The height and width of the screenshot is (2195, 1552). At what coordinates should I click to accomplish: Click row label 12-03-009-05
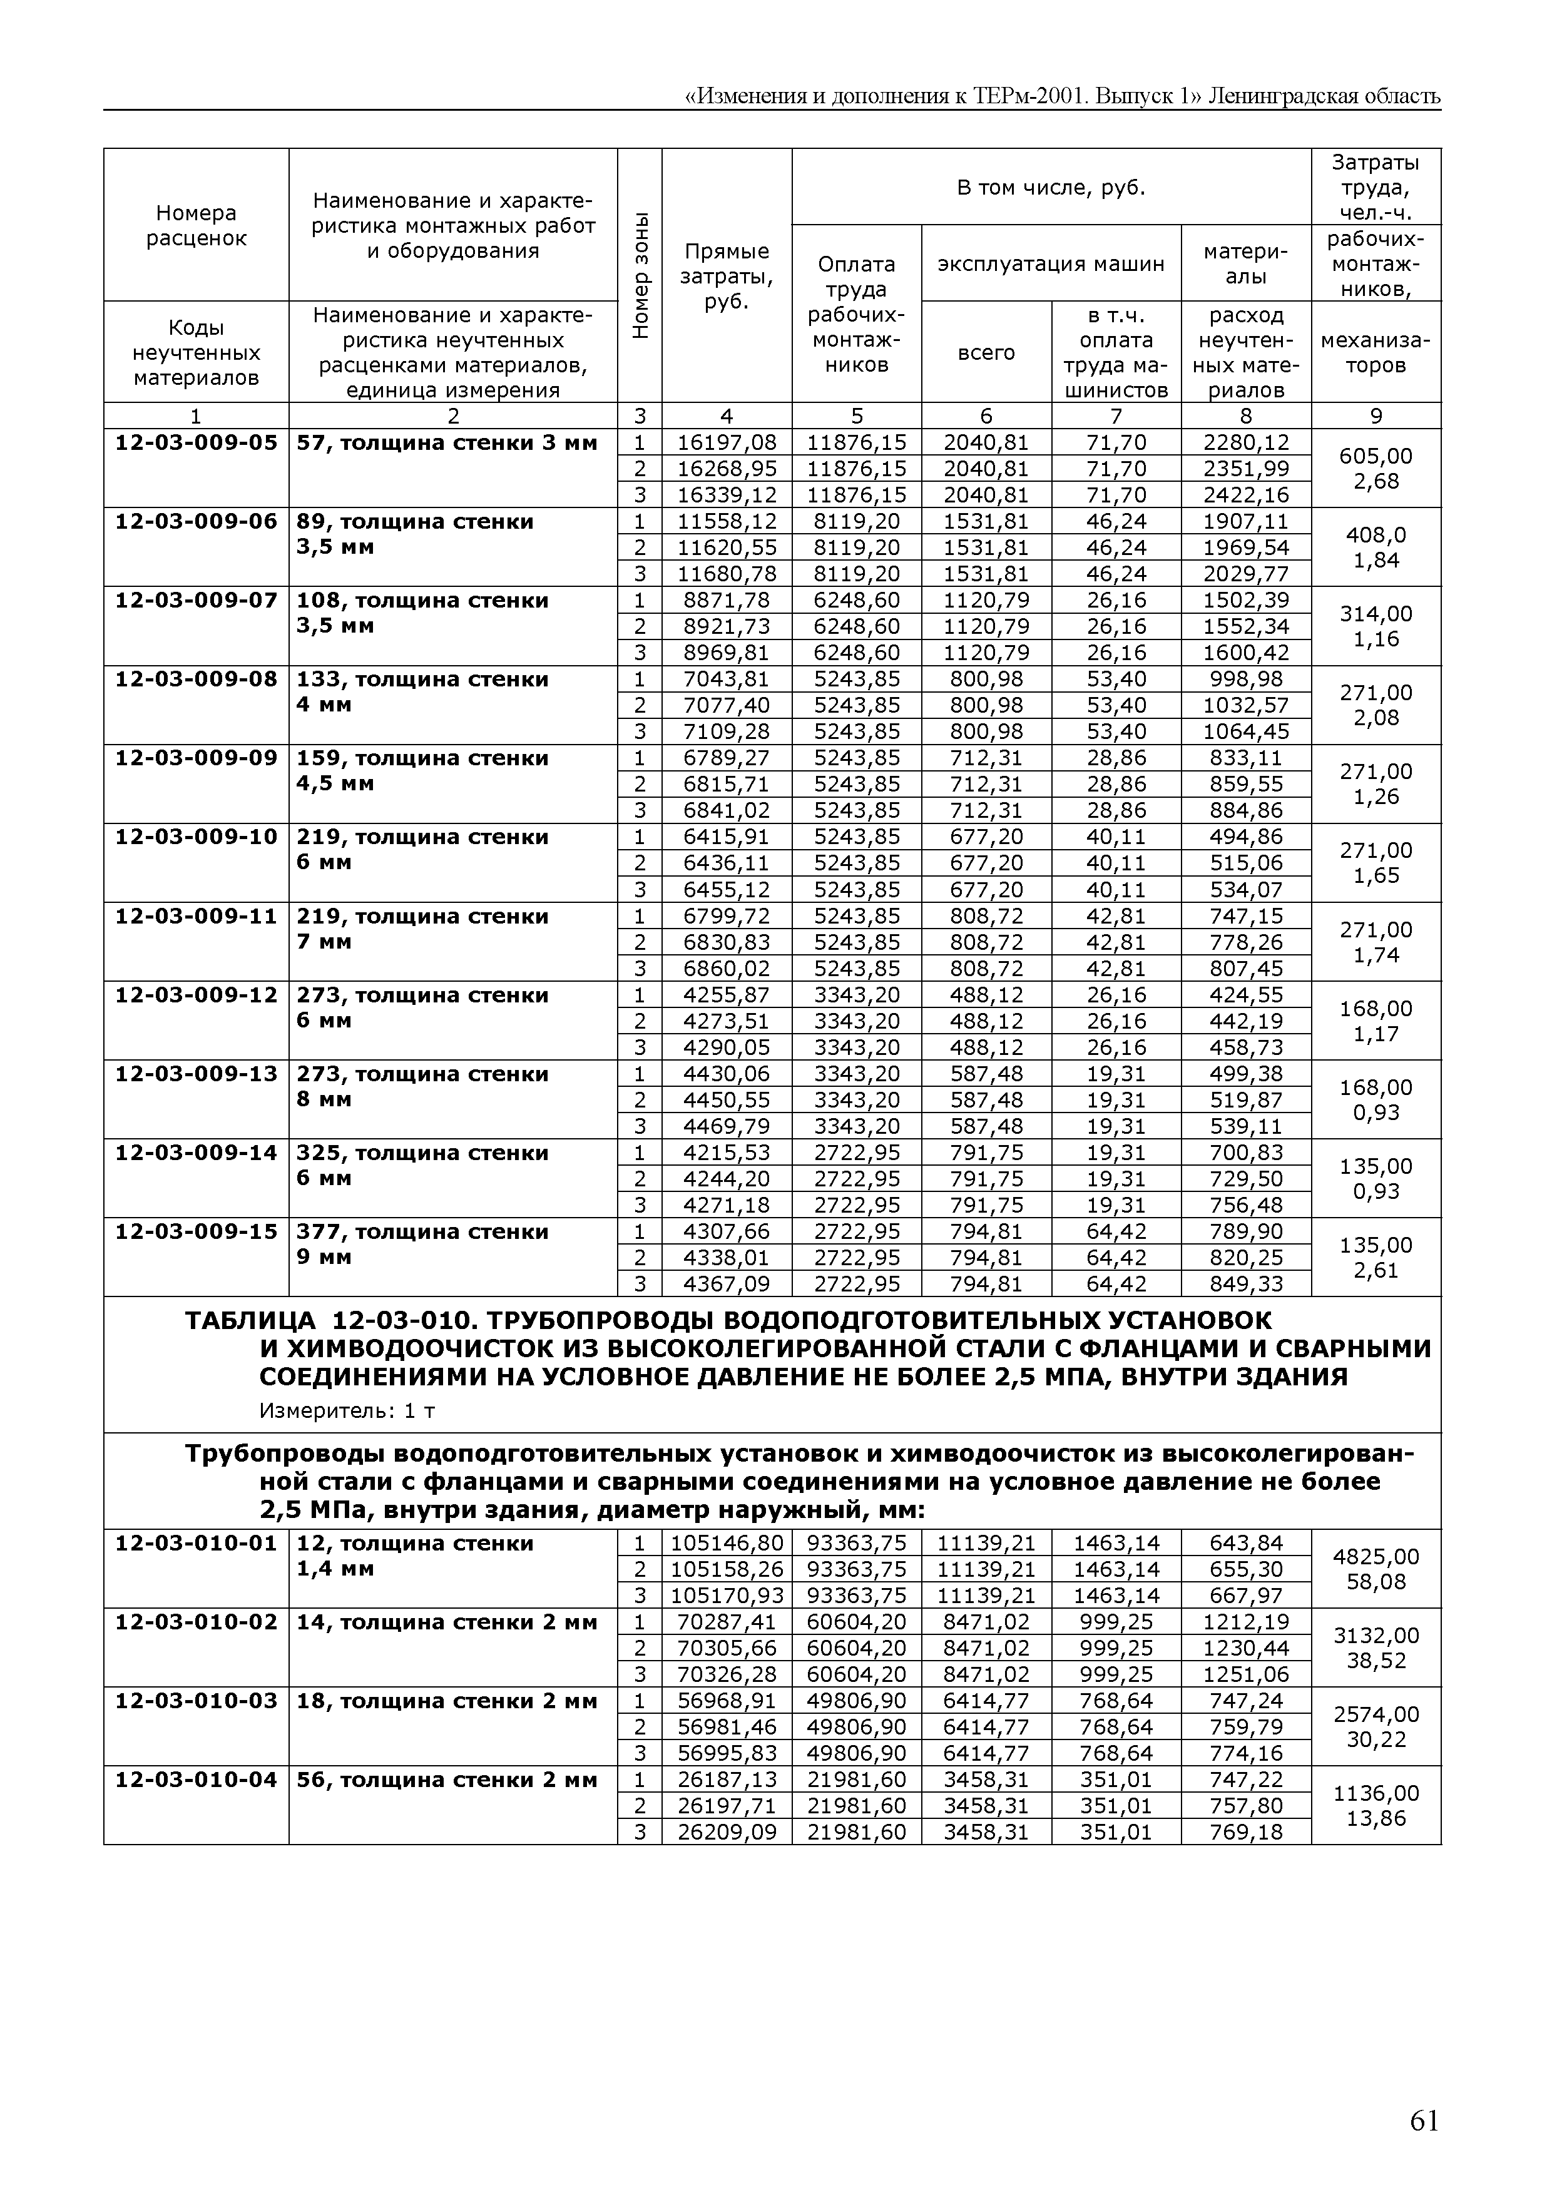pos(196,442)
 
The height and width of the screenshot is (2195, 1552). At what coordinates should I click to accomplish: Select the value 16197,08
pos(727,442)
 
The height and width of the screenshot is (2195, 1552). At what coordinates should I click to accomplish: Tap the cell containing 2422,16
pos(1246,494)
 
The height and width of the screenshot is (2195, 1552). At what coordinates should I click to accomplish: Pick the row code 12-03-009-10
pos(196,837)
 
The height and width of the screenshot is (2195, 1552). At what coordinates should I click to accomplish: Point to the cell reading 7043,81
pos(727,680)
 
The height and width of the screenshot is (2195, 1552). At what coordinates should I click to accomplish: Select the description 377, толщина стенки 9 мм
pos(422,1244)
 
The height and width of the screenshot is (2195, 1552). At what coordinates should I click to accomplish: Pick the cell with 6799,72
pos(727,917)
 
